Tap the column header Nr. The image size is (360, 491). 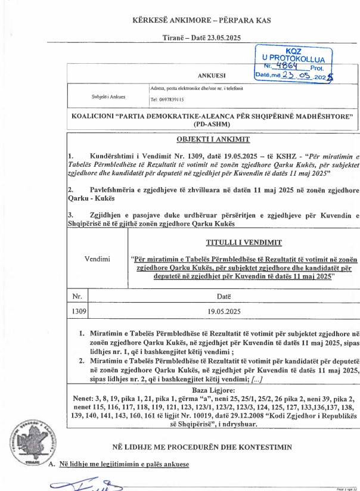pyautogui.click(x=77, y=296)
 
